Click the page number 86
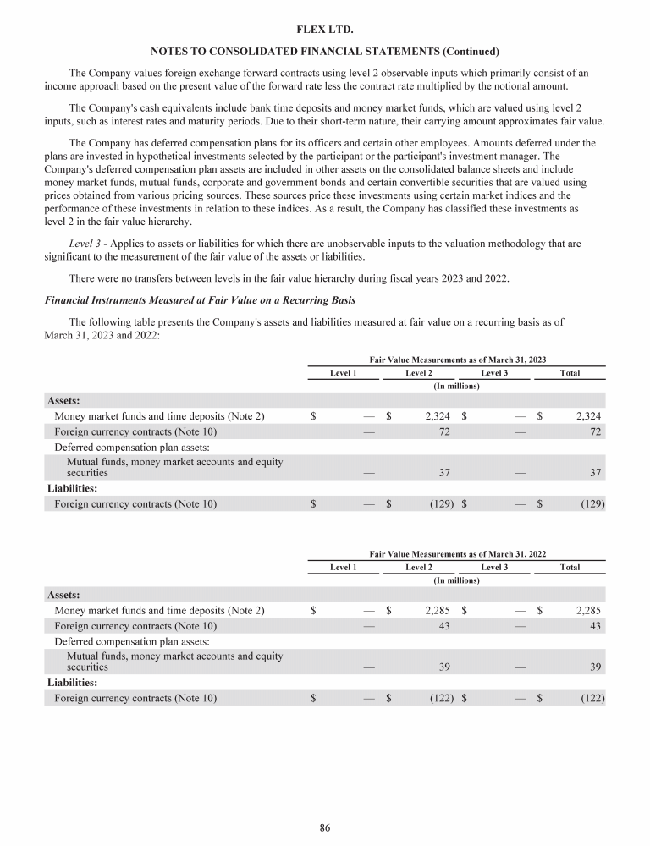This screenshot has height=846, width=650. click(324, 828)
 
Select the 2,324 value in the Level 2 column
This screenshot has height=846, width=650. click(432, 416)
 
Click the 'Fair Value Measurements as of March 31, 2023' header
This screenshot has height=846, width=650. click(456, 360)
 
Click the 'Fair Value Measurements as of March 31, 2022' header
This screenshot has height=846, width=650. click(456, 553)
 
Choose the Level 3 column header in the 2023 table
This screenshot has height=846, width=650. click(494, 373)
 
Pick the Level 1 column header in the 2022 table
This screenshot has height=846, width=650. click(343, 567)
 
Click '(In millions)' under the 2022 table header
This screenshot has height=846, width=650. click(456, 580)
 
